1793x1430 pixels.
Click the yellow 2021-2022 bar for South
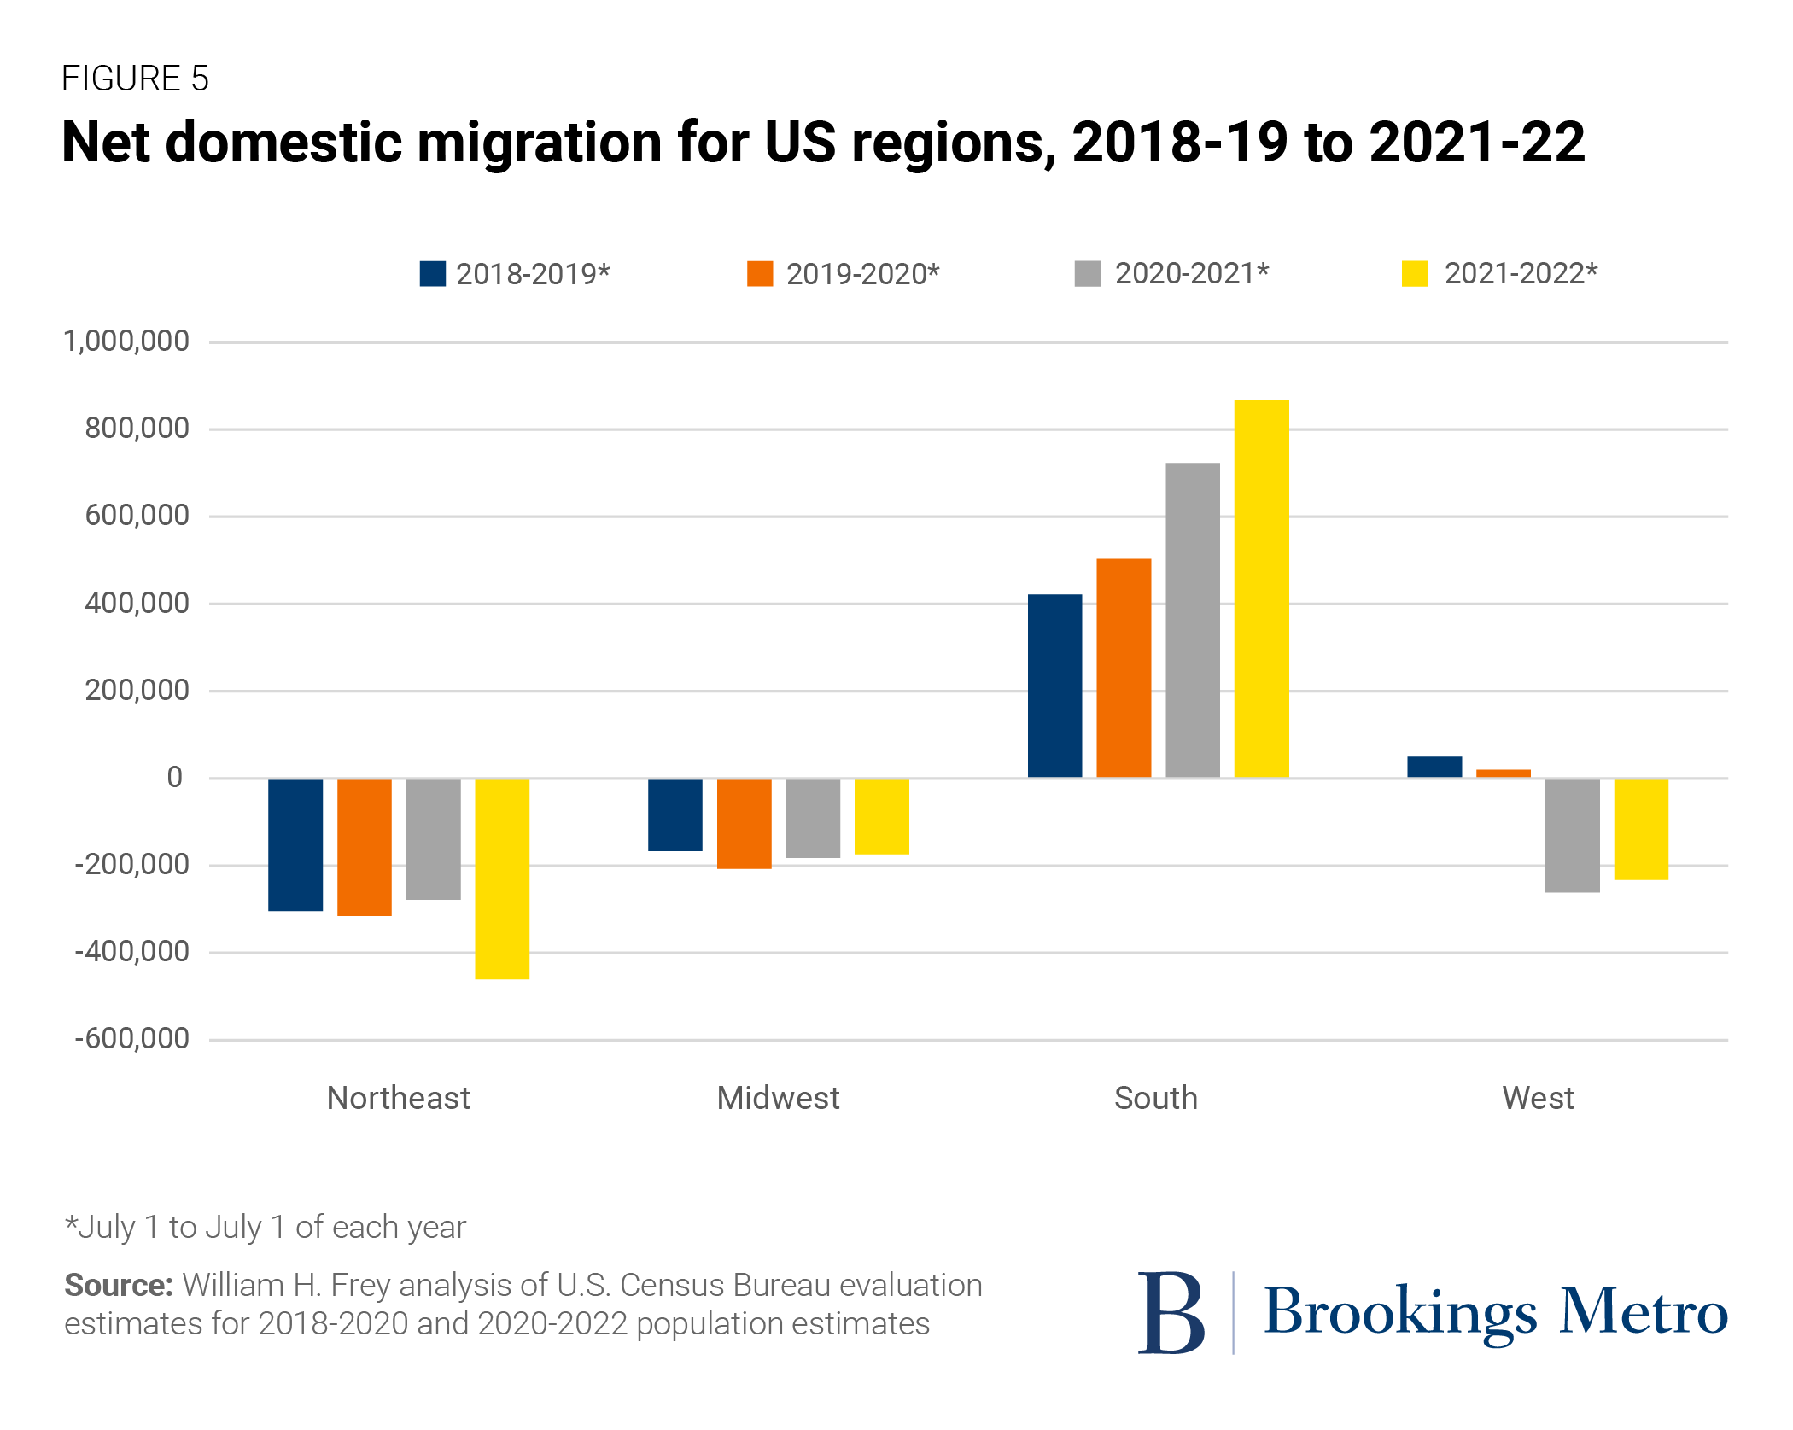click(x=1261, y=588)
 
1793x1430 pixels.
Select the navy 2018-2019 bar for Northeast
click(x=295, y=844)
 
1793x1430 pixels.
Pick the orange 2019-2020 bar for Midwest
click(x=744, y=823)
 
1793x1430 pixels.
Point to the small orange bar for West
click(x=1503, y=773)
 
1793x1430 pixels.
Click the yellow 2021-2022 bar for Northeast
click(x=502, y=878)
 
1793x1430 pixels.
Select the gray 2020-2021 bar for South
click(x=1192, y=620)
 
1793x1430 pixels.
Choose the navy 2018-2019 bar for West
click(x=1434, y=767)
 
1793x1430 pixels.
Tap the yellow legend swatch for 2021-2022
click(x=1415, y=274)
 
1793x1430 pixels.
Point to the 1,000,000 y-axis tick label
click(x=126, y=341)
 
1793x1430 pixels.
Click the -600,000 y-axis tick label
click(x=132, y=1039)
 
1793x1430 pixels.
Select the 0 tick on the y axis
click(x=174, y=777)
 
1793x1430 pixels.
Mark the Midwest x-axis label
click(x=778, y=1098)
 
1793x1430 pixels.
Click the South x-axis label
click(x=1156, y=1098)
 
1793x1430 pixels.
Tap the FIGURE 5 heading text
click(x=135, y=79)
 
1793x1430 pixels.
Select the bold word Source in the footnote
click(x=119, y=1285)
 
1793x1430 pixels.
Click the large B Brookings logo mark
click(x=1171, y=1312)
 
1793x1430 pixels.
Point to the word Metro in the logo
click(x=1644, y=1312)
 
